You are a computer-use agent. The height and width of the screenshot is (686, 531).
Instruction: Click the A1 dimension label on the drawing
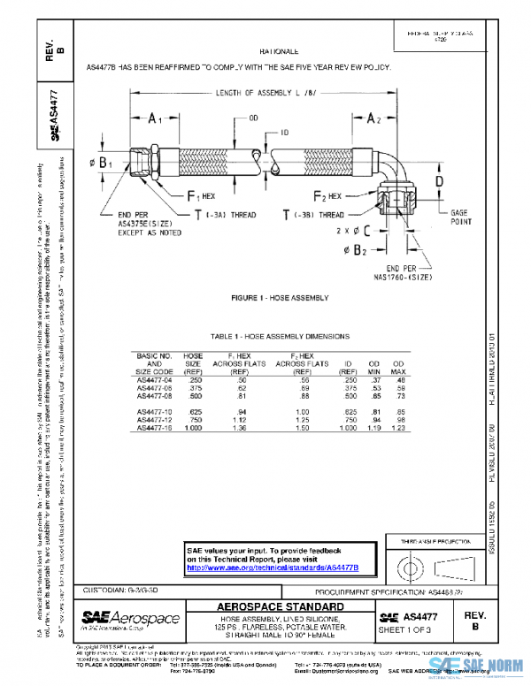[x=155, y=117]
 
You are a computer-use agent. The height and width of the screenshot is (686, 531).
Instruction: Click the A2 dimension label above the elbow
[x=377, y=118]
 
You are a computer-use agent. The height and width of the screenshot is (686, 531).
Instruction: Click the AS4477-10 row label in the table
[x=156, y=411]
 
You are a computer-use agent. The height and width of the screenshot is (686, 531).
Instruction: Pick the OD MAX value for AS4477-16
[x=399, y=428]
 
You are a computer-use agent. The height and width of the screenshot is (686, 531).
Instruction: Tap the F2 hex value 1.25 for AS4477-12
[x=304, y=420]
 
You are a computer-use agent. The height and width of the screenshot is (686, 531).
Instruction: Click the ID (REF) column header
[x=350, y=367]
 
